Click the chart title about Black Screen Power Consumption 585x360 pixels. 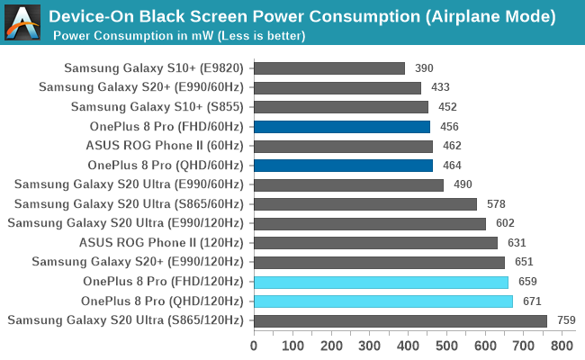pyautogui.click(x=301, y=16)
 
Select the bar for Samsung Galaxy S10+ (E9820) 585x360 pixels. pyautogui.click(x=328, y=68)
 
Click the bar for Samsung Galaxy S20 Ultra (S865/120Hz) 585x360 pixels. pyautogui.click(x=400, y=320)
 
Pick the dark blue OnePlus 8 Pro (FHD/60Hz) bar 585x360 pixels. pyautogui.click(x=341, y=127)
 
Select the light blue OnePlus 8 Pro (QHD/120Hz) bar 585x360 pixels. pyautogui.click(x=382, y=301)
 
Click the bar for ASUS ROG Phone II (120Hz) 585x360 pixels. pyautogui.click(x=375, y=243)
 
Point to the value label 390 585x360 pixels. pyautogui.click(x=424, y=68)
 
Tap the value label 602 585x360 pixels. pyautogui.click(x=506, y=223)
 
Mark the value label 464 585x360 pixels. pyautogui.click(x=453, y=166)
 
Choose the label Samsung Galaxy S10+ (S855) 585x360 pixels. pyautogui.click(x=157, y=107)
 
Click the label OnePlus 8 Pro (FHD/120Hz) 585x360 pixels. pyautogui.click(x=163, y=282)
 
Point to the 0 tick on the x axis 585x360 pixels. pyautogui.click(x=254, y=345)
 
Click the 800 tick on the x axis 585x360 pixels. pyautogui.click(x=562, y=345)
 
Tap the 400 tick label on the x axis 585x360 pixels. pyautogui.click(x=408, y=345)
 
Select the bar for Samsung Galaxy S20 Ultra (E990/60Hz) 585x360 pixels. pyautogui.click(x=348, y=184)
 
